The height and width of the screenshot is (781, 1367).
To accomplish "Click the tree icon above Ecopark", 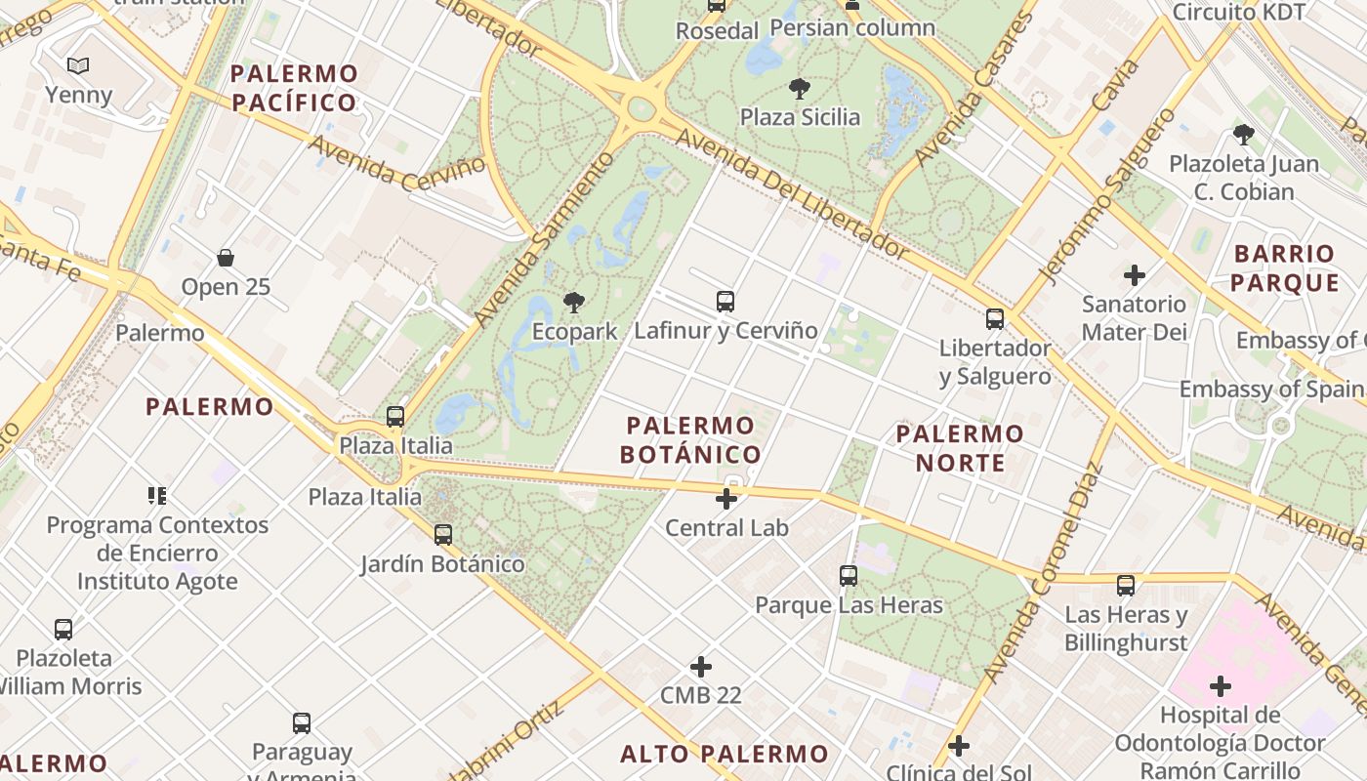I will (574, 302).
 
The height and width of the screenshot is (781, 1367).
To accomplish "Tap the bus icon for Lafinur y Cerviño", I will (725, 301).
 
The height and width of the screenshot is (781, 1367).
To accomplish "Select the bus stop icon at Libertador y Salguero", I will (995, 318).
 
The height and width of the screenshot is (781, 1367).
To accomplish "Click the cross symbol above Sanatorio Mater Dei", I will (1134, 275).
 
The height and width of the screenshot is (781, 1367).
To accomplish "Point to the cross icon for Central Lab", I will (726, 499).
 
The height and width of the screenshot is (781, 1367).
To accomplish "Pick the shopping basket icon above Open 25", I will (226, 258).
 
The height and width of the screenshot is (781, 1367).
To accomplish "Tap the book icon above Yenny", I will (78, 65).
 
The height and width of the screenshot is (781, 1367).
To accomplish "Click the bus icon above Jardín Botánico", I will (443, 535).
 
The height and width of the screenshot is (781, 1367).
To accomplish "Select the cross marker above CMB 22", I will (701, 667).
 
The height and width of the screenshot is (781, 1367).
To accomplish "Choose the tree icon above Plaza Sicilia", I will (800, 89).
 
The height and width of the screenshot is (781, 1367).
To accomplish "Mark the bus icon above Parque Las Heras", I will (849, 576).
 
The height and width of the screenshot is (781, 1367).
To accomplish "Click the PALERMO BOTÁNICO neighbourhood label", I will (691, 440).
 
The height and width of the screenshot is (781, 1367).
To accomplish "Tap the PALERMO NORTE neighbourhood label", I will (960, 448).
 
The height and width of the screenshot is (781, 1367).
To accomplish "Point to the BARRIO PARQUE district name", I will (1284, 268).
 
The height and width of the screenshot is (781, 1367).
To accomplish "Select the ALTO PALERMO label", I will (725, 754).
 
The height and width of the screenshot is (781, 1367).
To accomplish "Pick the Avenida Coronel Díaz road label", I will (1044, 572).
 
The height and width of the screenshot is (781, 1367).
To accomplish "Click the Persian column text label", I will (852, 27).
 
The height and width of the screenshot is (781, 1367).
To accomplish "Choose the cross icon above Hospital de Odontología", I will (1221, 686).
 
